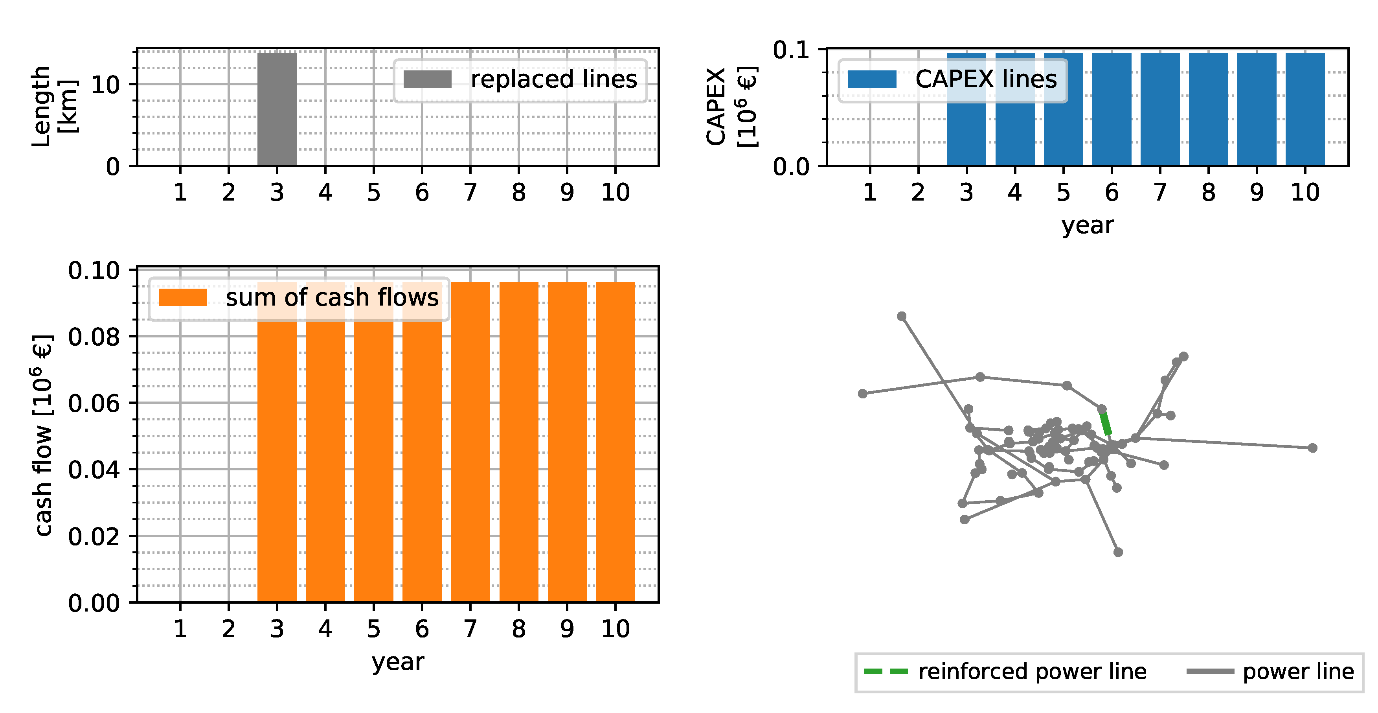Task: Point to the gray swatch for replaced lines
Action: click(x=427, y=79)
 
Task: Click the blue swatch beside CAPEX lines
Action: click(x=872, y=79)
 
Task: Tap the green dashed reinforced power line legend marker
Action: click(x=886, y=671)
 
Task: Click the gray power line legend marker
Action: click(x=1210, y=671)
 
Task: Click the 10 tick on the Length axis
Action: click(x=105, y=85)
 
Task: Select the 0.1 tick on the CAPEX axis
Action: click(x=791, y=50)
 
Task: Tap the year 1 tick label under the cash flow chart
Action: click(x=180, y=629)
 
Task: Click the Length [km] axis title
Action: click(x=54, y=106)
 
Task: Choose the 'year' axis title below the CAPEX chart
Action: click(x=1087, y=225)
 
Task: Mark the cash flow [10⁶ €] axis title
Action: click(x=43, y=435)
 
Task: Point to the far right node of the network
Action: click(x=1312, y=448)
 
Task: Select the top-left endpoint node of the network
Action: click(x=901, y=316)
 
